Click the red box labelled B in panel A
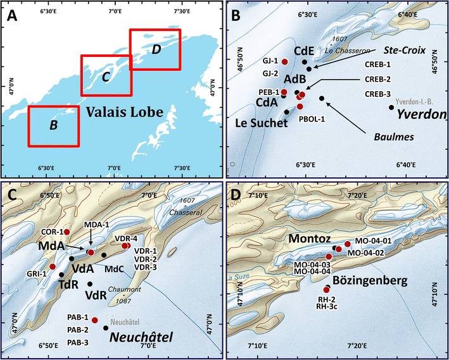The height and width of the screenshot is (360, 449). tap(54, 125)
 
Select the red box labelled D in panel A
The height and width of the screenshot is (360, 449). tap(155, 49)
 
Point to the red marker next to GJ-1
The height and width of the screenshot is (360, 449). tap(284, 61)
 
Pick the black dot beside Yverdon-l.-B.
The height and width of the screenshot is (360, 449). tap(391, 107)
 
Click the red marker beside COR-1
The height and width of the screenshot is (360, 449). tap(66, 232)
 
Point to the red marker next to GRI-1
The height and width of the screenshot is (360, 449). tap(53, 267)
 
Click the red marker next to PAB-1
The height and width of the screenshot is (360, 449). tap(94, 320)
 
